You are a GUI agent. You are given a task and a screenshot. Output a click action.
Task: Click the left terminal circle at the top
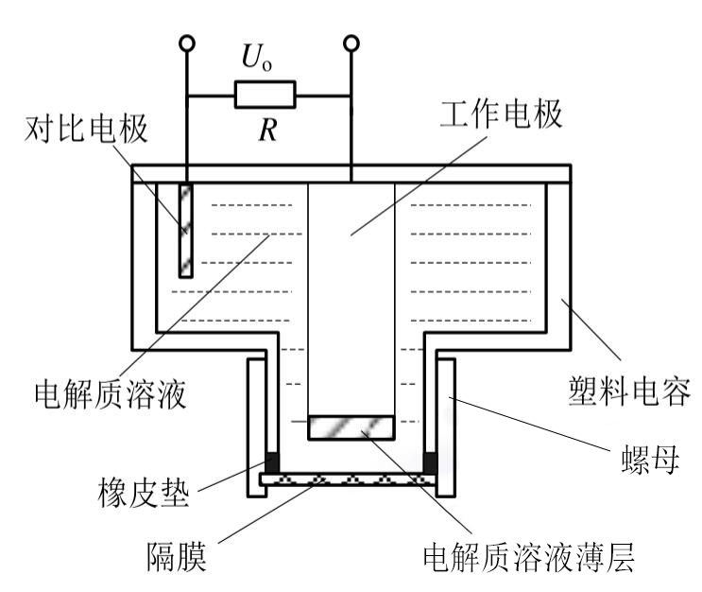click(187, 43)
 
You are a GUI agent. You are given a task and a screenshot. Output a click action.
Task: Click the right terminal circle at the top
click(351, 43)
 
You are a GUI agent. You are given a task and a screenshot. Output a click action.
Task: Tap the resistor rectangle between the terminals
click(265, 94)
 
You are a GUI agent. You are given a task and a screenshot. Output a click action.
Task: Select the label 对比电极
click(86, 130)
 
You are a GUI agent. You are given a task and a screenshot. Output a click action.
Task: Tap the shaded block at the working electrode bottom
click(351, 427)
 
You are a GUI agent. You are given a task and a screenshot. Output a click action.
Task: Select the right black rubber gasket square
click(430, 462)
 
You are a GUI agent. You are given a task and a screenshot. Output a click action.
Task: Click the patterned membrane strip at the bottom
click(351, 481)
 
